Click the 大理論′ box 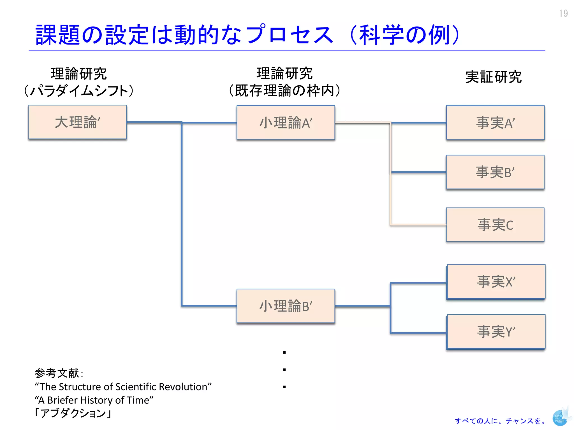click(x=77, y=122)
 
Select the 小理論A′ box click(x=286, y=122)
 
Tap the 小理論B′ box click(x=286, y=306)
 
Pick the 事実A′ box click(x=495, y=123)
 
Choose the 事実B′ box click(x=495, y=172)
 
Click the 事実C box click(x=495, y=225)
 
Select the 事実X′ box click(x=496, y=281)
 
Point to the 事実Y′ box click(x=496, y=331)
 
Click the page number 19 click(x=563, y=13)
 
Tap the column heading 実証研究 click(x=493, y=77)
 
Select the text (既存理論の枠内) click(x=284, y=90)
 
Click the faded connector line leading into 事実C click(x=418, y=225)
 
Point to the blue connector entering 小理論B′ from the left click(x=209, y=306)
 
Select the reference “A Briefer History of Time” click(x=94, y=400)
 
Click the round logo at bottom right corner click(x=560, y=418)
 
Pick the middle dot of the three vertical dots click(x=284, y=370)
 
